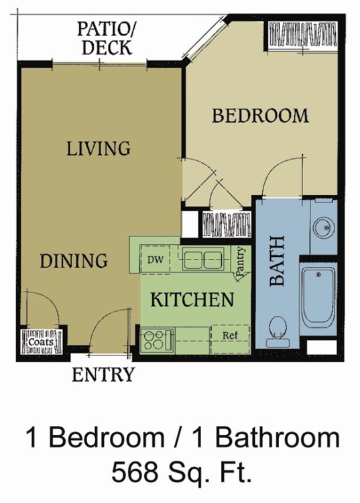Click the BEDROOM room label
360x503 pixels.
(260, 115)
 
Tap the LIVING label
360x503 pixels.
(99, 148)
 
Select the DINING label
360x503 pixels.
(74, 260)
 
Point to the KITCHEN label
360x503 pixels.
(192, 299)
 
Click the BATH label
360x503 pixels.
(278, 261)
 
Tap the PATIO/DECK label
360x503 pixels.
(106, 38)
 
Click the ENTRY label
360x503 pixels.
(103, 374)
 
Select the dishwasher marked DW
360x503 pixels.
(156, 260)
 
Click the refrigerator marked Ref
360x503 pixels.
(230, 339)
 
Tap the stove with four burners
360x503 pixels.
(157, 340)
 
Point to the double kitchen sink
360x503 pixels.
(203, 258)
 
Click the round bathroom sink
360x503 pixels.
(324, 227)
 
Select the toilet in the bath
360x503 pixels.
(278, 331)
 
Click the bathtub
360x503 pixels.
(318, 298)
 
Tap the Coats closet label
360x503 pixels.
(41, 341)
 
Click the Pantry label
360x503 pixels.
(241, 261)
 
